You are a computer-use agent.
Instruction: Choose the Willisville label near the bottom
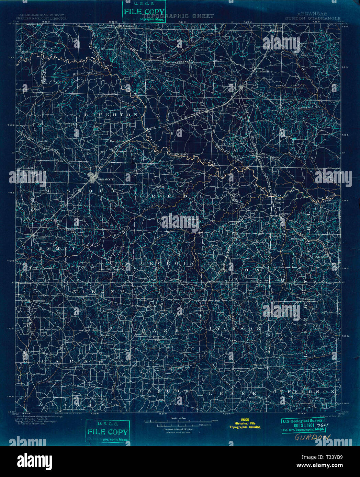pyautogui.click(x=149, y=396)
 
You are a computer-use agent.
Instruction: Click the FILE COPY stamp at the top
pyautogui.click(x=144, y=12)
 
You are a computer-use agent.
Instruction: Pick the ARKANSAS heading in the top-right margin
pyautogui.click(x=313, y=14)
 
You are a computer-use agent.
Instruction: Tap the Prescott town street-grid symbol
pyautogui.click(x=92, y=178)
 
